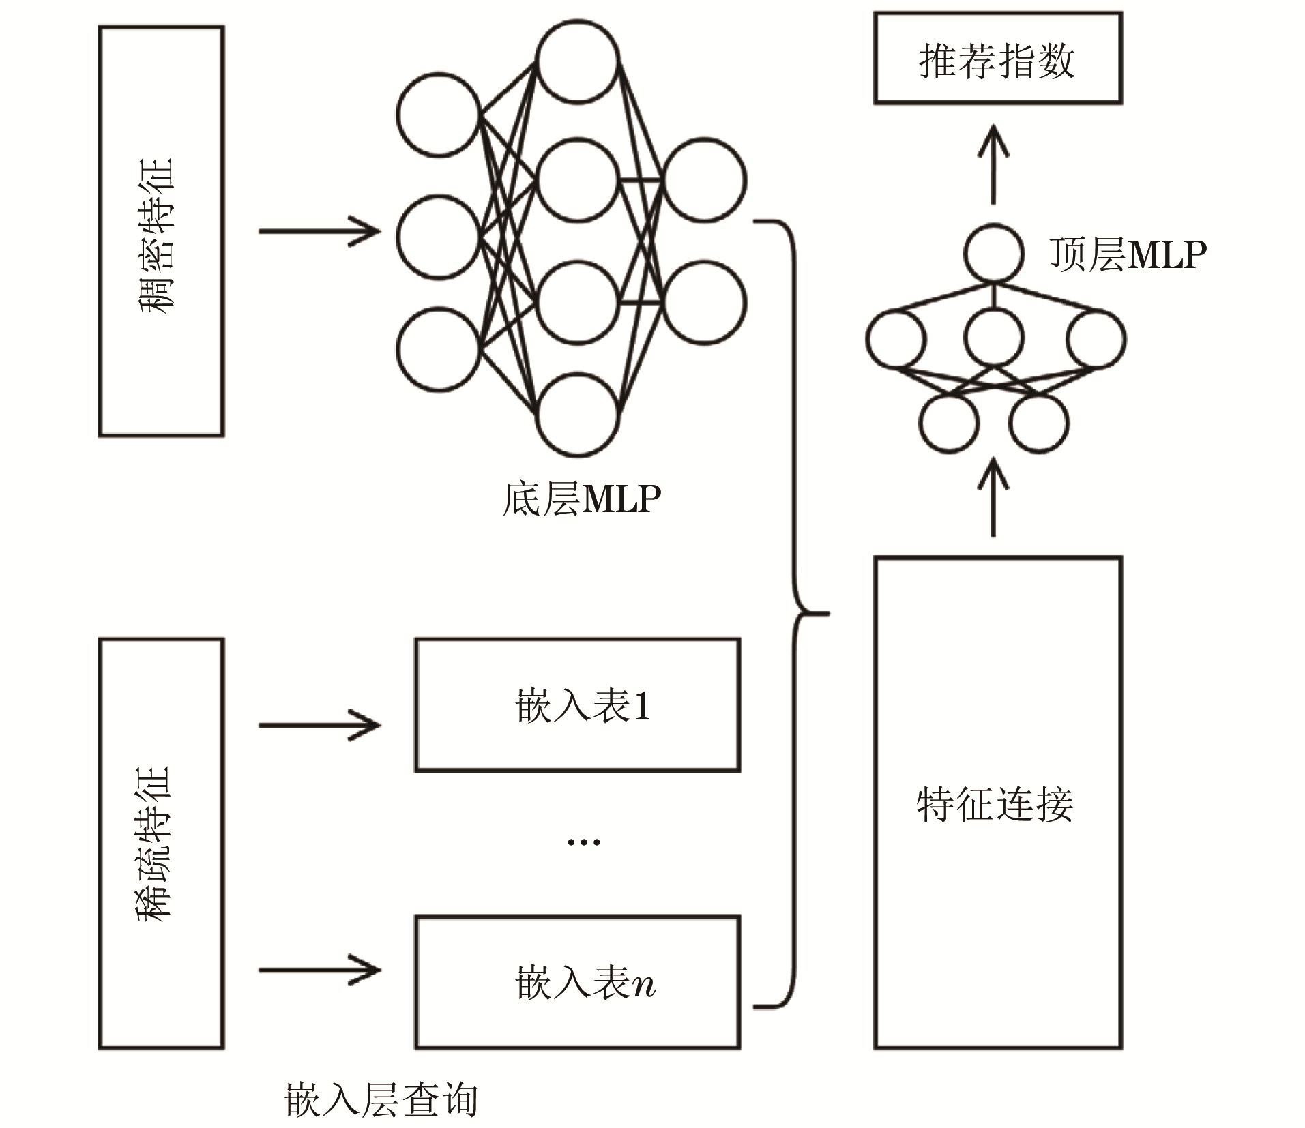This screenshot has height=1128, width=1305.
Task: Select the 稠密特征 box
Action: click(161, 231)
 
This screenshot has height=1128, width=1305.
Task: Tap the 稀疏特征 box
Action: click(161, 843)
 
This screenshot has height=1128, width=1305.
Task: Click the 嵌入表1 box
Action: click(578, 705)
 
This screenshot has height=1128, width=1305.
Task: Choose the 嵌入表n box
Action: click(578, 982)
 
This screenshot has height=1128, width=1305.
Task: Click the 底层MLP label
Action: click(582, 499)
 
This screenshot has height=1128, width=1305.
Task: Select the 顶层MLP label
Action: click(1128, 255)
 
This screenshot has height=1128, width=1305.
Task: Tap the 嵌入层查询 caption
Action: click(381, 1099)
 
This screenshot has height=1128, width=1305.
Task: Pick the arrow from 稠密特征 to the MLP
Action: click(319, 231)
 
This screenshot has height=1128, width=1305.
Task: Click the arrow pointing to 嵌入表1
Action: click(319, 725)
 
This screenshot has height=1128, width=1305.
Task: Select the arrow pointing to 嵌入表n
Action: click(319, 970)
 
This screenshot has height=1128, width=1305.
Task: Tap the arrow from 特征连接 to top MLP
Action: click(993, 496)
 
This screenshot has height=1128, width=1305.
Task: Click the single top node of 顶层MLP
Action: click(994, 253)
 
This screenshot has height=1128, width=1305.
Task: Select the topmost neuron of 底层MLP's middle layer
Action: click(578, 61)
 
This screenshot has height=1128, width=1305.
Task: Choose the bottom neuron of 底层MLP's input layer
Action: click(439, 349)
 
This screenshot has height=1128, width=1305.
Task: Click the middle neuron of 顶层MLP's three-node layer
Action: click(994, 338)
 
